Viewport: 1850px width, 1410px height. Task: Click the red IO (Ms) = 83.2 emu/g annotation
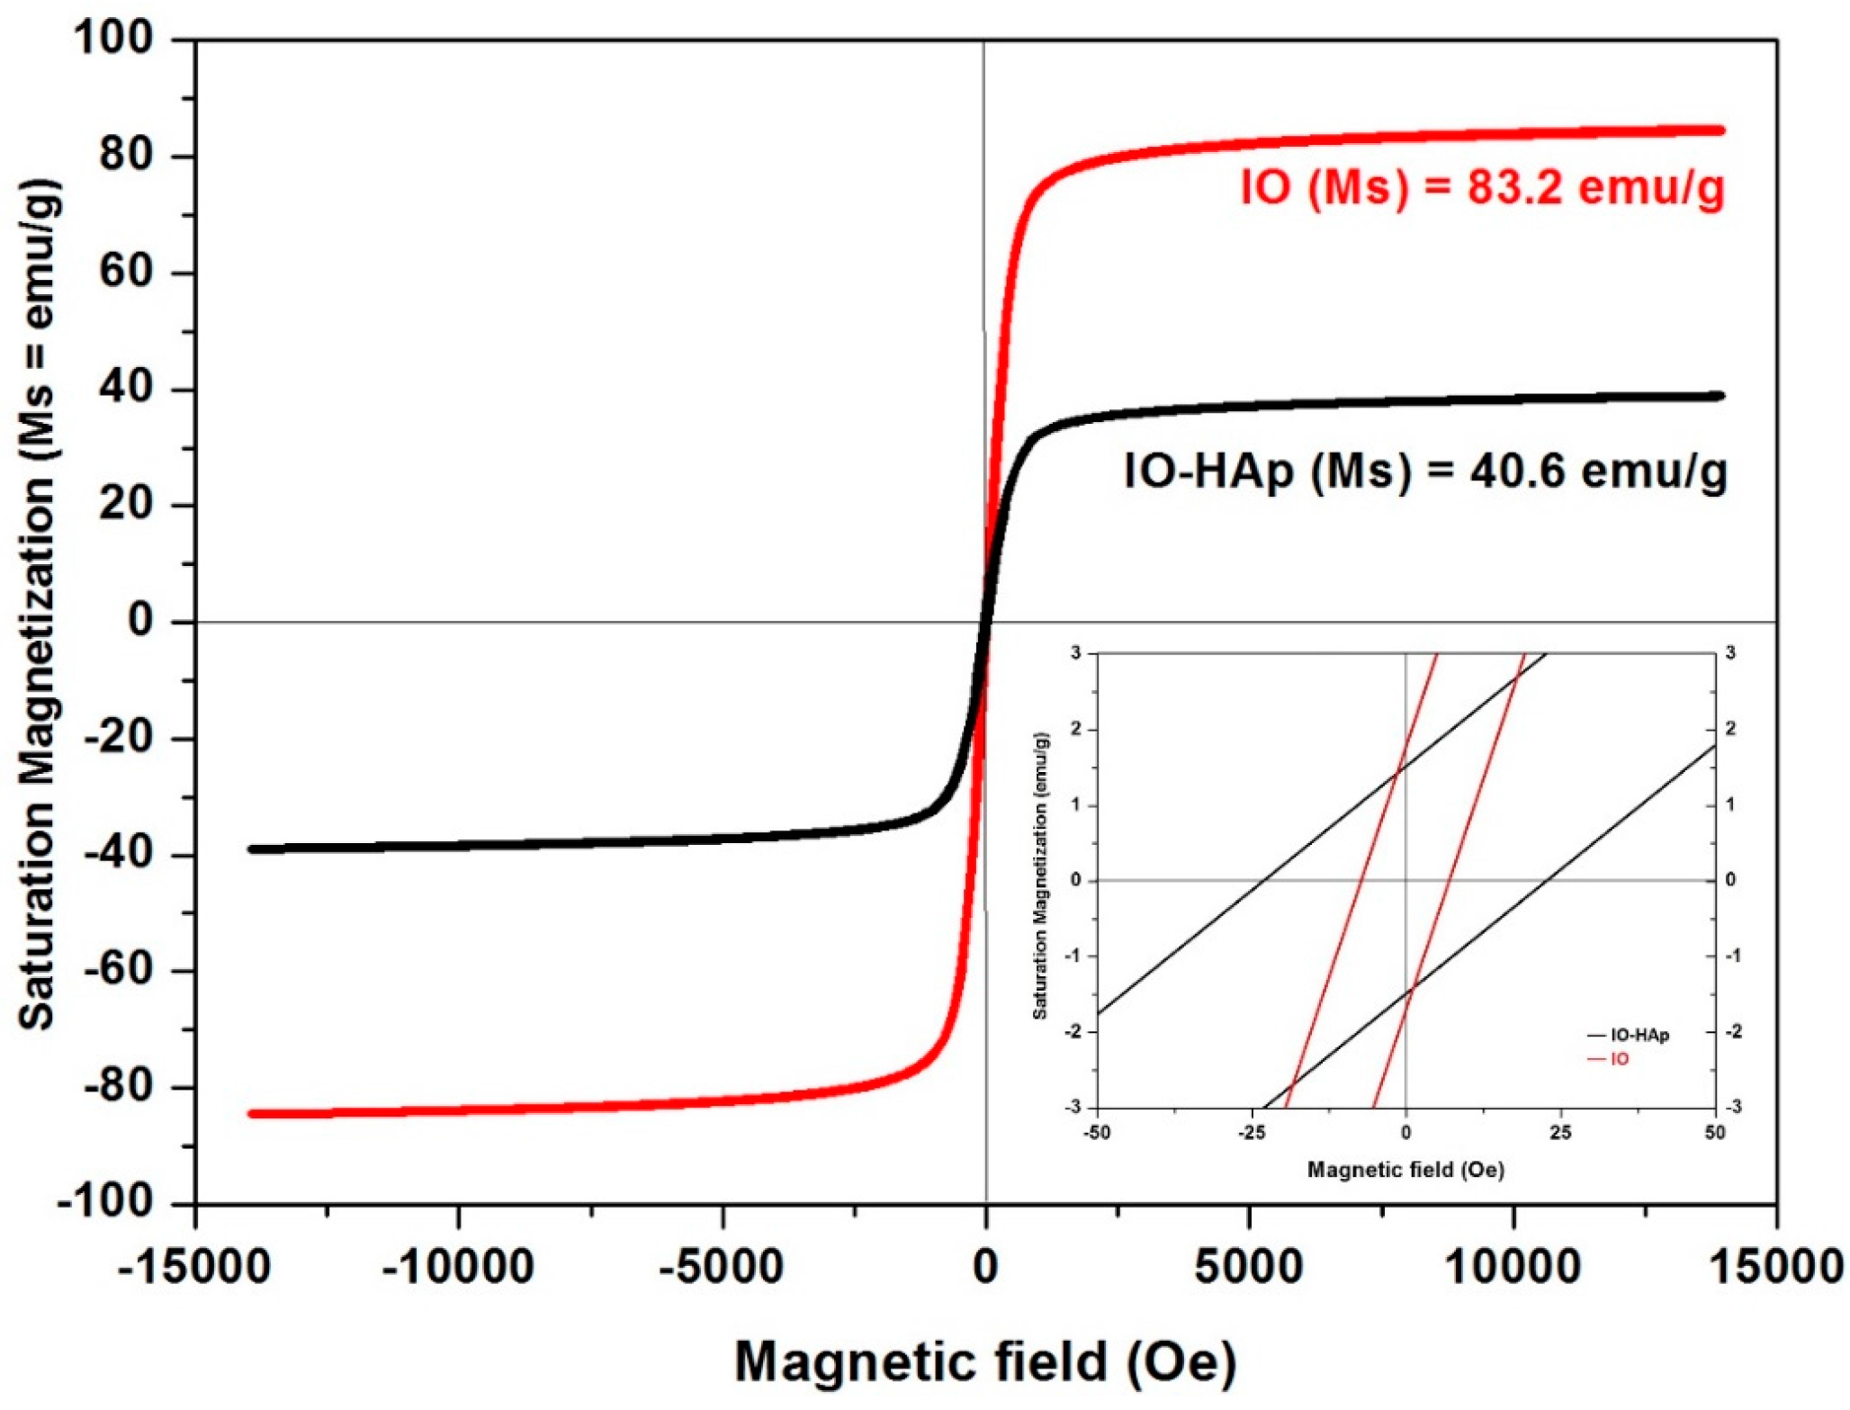1482,189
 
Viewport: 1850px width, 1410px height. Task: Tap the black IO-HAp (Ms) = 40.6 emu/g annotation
1425,471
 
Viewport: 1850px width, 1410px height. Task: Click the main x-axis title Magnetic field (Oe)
985,1361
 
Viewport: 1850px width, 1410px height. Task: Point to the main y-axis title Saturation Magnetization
38,603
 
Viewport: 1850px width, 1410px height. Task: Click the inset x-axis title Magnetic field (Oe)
1405,1170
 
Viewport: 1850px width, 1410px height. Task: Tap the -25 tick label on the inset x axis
1251,1133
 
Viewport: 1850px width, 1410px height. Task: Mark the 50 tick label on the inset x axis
1714,1133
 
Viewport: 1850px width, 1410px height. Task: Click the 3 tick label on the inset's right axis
1730,653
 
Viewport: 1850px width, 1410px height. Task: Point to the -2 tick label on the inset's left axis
1073,1032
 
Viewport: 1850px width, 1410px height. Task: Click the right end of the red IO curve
1720,130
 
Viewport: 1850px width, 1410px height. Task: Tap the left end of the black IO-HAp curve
253,849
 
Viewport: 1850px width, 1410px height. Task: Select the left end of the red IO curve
253,1114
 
